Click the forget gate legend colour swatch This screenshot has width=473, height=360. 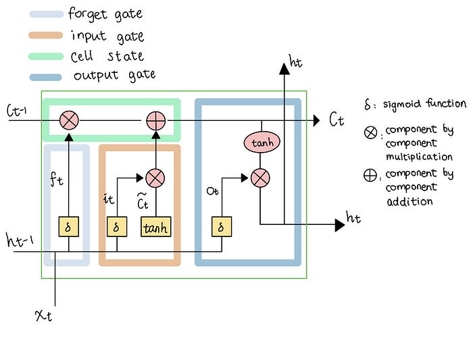click(46, 14)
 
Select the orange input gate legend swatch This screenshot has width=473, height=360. click(46, 35)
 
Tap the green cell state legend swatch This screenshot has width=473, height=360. click(46, 56)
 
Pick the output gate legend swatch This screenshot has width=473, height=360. click(46, 76)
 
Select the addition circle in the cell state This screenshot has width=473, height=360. click(156, 121)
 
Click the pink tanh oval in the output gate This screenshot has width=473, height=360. click(261, 143)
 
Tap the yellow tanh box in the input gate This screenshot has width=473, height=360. click(155, 227)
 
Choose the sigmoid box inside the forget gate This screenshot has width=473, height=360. click(68, 227)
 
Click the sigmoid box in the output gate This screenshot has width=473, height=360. click(220, 227)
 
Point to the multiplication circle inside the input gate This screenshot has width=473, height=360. click(155, 178)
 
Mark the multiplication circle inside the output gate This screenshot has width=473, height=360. click(261, 178)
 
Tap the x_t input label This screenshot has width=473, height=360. click(43, 315)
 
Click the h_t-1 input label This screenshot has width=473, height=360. click(18, 240)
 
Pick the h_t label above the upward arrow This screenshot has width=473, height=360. click(295, 62)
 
